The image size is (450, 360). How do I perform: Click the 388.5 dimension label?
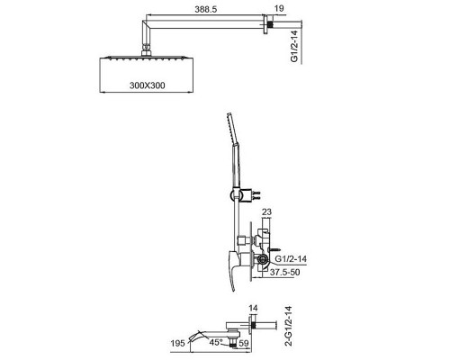[x=205, y=9]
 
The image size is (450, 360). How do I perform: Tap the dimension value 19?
[x=279, y=8]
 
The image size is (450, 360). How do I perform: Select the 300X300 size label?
[x=148, y=85]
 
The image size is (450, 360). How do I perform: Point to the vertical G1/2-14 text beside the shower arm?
[x=294, y=46]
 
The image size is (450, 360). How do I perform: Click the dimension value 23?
[x=266, y=212]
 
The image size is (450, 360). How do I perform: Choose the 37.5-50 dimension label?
[x=284, y=273]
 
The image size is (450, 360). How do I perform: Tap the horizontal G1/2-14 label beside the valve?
[x=291, y=258]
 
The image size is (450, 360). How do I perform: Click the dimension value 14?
[x=253, y=308]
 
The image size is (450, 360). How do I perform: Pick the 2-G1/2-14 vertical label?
[x=289, y=326]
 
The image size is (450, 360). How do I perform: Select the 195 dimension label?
[x=178, y=343]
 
